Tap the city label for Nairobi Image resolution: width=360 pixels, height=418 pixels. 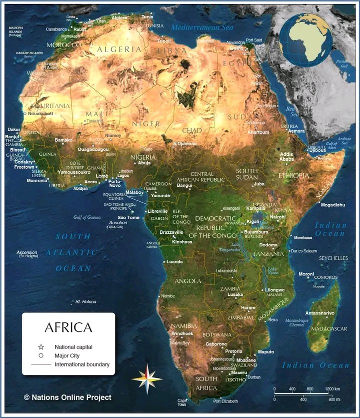(x=277, y=217)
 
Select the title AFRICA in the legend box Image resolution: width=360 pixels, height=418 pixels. (x=68, y=327)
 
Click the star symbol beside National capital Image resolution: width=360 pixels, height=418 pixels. (x=41, y=346)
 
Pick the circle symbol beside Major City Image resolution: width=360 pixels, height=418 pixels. (x=41, y=355)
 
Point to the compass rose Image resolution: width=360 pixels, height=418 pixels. (x=147, y=378)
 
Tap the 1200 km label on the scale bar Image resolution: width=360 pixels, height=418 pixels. (x=332, y=388)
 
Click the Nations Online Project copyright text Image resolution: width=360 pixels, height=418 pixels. (x=67, y=397)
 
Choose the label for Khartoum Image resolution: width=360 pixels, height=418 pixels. (x=258, y=133)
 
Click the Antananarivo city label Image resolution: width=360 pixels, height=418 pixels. (x=319, y=313)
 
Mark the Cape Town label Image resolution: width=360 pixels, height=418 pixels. (x=182, y=402)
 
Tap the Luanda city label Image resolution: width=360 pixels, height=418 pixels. (x=174, y=262)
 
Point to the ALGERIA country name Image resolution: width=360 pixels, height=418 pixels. (x=119, y=49)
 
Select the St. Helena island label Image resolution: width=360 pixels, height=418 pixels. (x=85, y=302)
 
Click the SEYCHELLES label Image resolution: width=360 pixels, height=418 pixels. (x=333, y=258)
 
